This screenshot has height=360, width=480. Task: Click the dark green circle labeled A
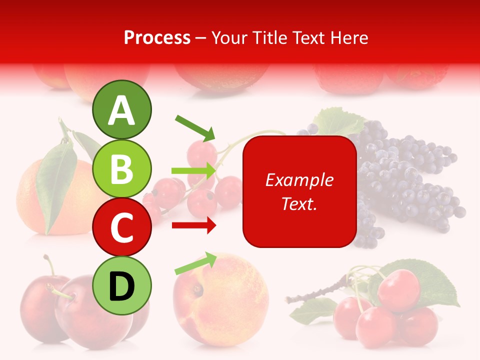tap(121, 109)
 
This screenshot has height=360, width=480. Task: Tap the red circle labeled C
tap(121, 227)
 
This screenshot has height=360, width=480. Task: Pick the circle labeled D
tap(121, 285)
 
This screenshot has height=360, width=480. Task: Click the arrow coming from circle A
tap(195, 127)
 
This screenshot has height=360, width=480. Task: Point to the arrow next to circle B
tap(194, 171)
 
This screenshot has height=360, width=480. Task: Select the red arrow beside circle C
tap(194, 225)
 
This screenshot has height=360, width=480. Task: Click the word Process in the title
tap(157, 37)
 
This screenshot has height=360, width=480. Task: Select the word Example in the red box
tap(299, 180)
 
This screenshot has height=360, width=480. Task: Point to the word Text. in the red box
tap(299, 203)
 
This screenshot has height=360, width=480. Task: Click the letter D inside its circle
tap(121, 286)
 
